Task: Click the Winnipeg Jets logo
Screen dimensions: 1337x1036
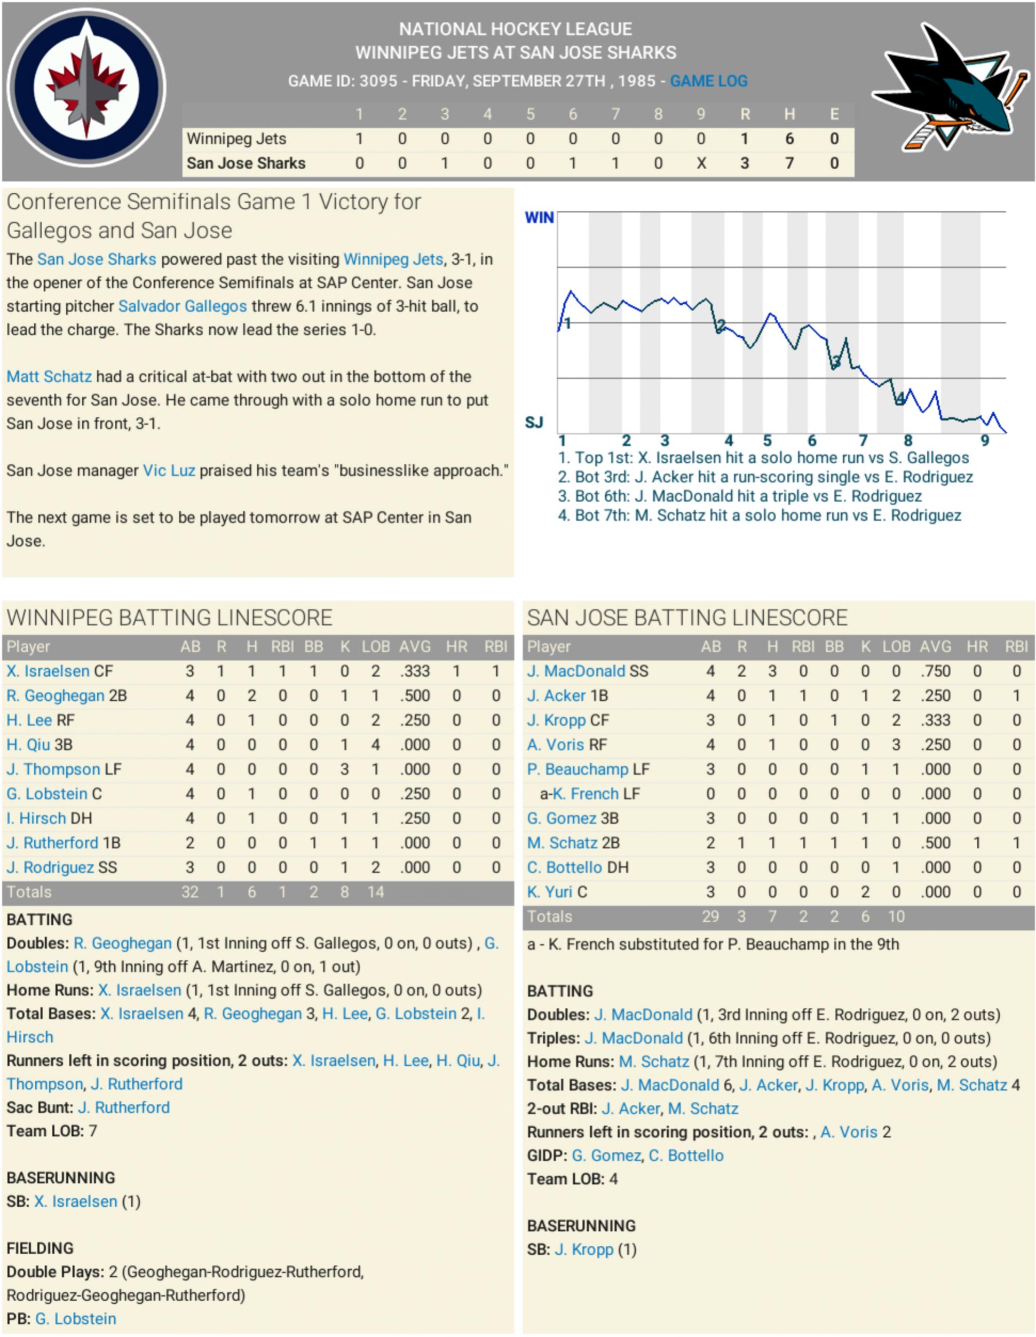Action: pyautogui.click(x=86, y=88)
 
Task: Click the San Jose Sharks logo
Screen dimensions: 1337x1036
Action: pyautogui.click(x=949, y=88)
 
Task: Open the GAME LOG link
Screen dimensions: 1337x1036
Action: pyautogui.click(x=708, y=81)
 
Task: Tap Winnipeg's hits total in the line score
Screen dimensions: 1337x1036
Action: pyautogui.click(x=789, y=139)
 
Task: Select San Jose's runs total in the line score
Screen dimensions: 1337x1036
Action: pyautogui.click(x=745, y=163)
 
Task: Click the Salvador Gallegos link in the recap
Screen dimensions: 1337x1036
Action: pyautogui.click(x=183, y=306)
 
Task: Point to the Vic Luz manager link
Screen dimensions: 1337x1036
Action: pyautogui.click(x=169, y=471)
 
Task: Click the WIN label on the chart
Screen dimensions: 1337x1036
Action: pyautogui.click(x=539, y=218)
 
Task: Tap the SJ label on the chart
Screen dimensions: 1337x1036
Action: pyautogui.click(x=534, y=422)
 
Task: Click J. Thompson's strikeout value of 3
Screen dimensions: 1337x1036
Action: pyautogui.click(x=345, y=770)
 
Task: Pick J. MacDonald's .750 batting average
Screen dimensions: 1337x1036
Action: pyautogui.click(x=935, y=671)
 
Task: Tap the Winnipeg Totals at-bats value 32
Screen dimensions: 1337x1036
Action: pyautogui.click(x=190, y=892)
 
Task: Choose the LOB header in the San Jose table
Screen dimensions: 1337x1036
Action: pyautogui.click(x=896, y=646)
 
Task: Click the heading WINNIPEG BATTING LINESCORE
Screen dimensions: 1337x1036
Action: pyautogui.click(x=170, y=618)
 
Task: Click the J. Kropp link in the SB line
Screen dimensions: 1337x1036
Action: pyautogui.click(x=583, y=1249)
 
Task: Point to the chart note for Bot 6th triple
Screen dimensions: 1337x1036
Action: pyautogui.click(x=740, y=496)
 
